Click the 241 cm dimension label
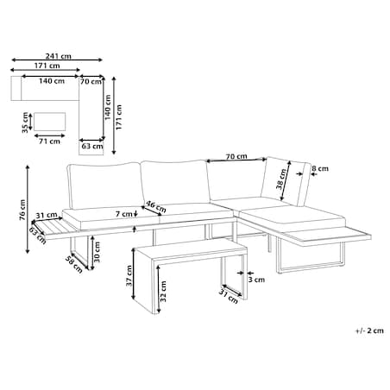tap(58, 56)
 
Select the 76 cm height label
tap(22, 210)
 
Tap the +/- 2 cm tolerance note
tap(369, 330)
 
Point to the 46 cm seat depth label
tap(156, 206)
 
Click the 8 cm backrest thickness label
tap(320, 168)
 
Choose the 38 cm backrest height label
tap(281, 179)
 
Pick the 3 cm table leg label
tap(256, 280)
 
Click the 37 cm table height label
tap(129, 275)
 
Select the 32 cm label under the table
tap(163, 291)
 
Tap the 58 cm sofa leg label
tap(74, 264)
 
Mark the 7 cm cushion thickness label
tap(124, 214)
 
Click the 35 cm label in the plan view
tap(25, 123)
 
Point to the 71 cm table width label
tap(49, 142)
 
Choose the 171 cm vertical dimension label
tap(119, 117)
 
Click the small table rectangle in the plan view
tap(49, 122)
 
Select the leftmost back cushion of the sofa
tap(104, 186)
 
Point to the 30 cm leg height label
tap(97, 252)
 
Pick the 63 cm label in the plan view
tap(92, 146)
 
